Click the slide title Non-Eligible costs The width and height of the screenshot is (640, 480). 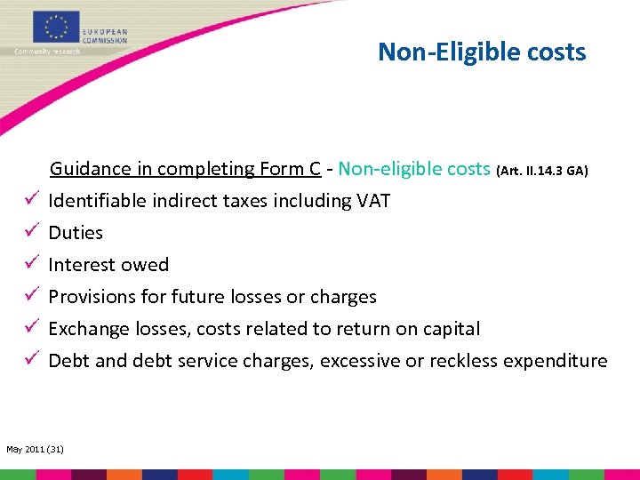(x=482, y=52)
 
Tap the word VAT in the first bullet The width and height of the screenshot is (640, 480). (x=372, y=201)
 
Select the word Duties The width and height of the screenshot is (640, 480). (x=76, y=233)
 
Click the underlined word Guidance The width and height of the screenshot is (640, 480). (x=88, y=169)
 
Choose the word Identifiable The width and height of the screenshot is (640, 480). (x=100, y=201)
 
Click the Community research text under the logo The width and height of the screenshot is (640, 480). (x=47, y=52)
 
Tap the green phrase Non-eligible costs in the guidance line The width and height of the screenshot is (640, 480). (x=414, y=169)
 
